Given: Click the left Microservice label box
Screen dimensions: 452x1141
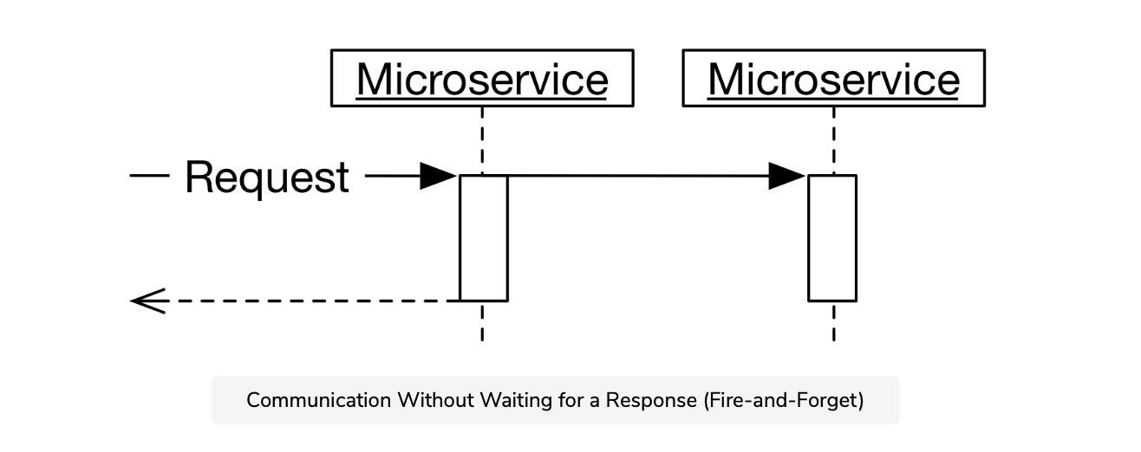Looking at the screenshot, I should [482, 79].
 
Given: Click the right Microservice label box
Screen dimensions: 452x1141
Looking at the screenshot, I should [833, 79].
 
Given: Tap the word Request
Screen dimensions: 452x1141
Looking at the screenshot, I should [267, 178].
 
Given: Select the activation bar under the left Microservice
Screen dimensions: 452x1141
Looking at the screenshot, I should [483, 238].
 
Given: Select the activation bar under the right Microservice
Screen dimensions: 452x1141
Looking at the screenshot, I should [832, 238].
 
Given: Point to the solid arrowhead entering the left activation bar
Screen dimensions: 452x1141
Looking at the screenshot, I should [439, 177].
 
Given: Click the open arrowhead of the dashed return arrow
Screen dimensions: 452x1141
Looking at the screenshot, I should [147, 301].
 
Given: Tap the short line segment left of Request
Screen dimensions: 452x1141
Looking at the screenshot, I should [148, 177].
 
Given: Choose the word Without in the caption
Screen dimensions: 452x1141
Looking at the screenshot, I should [426, 401].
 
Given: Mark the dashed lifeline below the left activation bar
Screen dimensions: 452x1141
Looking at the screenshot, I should [482, 322].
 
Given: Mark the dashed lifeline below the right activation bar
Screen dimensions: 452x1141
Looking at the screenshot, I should [833, 322].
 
